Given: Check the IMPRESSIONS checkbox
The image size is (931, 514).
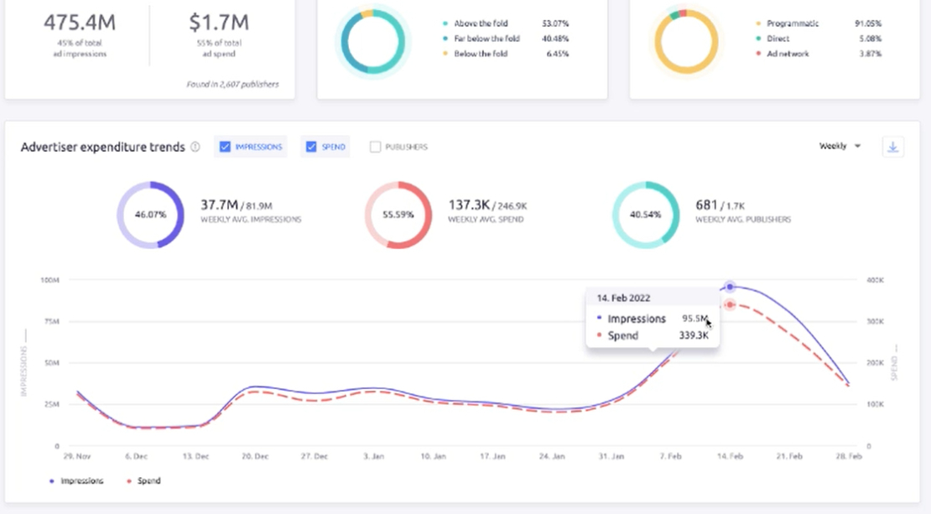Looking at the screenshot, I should [x=225, y=147].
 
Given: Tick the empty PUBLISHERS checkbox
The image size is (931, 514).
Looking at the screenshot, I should [x=375, y=147].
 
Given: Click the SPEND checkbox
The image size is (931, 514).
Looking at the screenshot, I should [x=311, y=147].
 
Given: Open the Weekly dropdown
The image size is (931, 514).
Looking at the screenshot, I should [x=840, y=146].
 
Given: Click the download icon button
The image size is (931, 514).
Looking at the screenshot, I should [x=892, y=147].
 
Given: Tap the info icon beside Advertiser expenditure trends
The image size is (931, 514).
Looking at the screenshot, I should [x=195, y=147].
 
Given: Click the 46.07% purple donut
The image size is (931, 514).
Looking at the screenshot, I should [x=150, y=215].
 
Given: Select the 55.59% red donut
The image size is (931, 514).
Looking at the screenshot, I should [x=398, y=215].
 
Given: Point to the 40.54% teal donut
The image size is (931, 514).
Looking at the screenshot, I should [x=646, y=215].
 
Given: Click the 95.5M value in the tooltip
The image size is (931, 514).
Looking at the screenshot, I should [x=694, y=319].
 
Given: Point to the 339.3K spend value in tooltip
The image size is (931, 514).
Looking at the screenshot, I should [x=693, y=335].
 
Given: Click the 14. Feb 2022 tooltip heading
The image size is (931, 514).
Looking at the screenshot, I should [x=623, y=298].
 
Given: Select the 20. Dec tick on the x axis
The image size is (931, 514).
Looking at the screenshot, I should [x=255, y=456].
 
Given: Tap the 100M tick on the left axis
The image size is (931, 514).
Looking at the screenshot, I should [x=49, y=279].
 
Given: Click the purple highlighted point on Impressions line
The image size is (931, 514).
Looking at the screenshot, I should [x=730, y=287].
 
